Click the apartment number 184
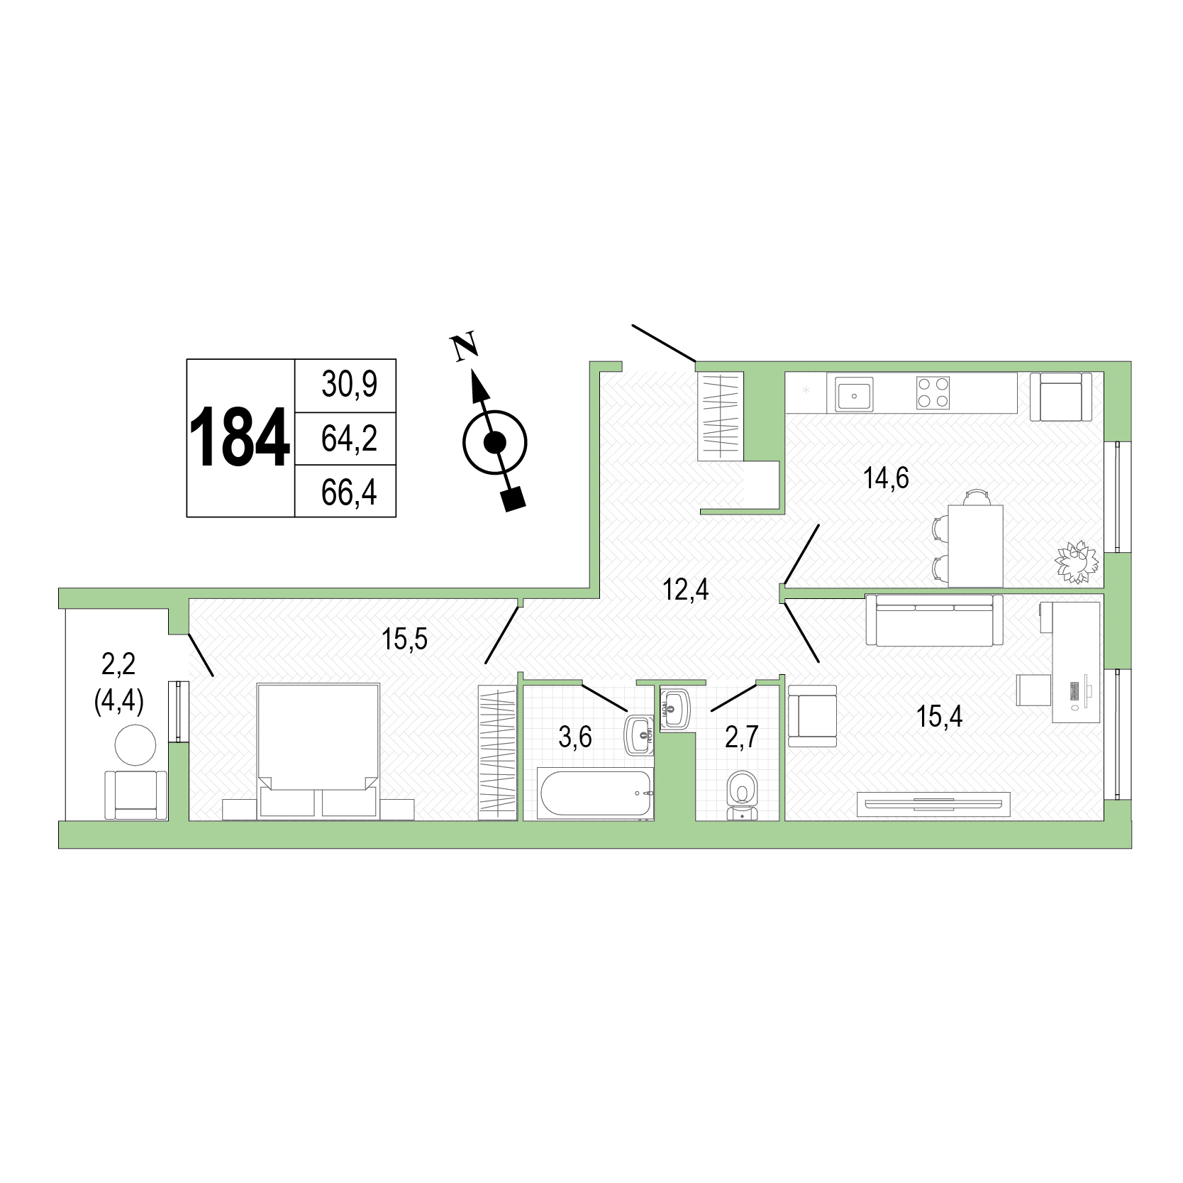click(240, 438)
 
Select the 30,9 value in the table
click(349, 385)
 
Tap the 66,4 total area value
click(349, 492)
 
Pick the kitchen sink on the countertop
click(855, 393)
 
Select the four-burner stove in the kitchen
click(933, 393)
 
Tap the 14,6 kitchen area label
click(886, 478)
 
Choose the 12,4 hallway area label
click(686, 590)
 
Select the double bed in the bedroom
click(318, 749)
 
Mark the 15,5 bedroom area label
click(405, 639)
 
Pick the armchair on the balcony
click(136, 795)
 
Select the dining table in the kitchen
click(975, 545)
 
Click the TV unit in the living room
click(933, 803)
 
